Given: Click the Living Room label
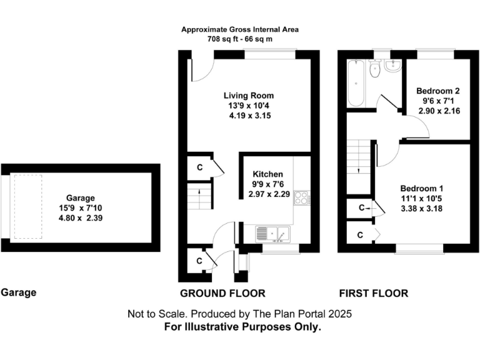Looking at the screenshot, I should coord(249,96).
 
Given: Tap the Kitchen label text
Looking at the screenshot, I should coord(267,174).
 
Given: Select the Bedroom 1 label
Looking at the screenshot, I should coord(422,188).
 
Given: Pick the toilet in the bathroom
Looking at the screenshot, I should coord(374,70).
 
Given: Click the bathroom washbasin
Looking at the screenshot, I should coord(393,66).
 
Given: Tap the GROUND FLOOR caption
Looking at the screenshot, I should coord(222,293).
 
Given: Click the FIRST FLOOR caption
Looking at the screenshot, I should coord(374,293).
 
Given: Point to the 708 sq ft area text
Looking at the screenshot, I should coord(240,39).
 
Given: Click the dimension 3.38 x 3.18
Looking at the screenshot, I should coord(422,209).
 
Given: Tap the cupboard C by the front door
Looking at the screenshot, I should coord(199,261).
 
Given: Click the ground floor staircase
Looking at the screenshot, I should coord(199,196).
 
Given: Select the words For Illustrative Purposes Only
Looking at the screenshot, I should coord(242,327).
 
